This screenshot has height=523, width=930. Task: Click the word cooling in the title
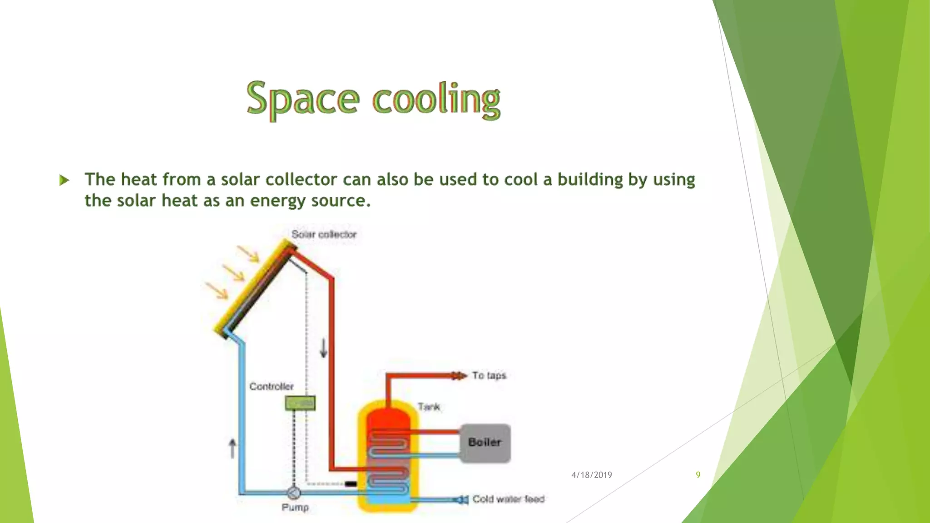[436, 99]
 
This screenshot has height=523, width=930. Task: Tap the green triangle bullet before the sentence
[64, 180]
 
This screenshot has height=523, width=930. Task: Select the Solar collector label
[324, 234]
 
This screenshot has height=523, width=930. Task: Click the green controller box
[300, 403]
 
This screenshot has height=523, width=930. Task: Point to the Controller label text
[272, 386]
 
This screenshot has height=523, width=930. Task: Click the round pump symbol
[294, 493]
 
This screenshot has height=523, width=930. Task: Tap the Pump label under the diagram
[295, 507]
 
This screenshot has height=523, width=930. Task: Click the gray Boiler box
[485, 443]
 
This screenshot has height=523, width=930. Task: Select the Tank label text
[429, 407]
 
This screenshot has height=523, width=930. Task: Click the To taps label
[489, 375]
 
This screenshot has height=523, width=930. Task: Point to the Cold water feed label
[508, 499]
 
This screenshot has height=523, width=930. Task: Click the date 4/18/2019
[591, 475]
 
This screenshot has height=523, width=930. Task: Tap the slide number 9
[698, 475]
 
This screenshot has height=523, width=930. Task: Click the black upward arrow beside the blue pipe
[232, 448]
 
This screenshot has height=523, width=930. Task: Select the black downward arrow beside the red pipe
[323, 348]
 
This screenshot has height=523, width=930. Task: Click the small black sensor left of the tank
[351, 484]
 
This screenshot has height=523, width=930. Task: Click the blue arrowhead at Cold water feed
[461, 500]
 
